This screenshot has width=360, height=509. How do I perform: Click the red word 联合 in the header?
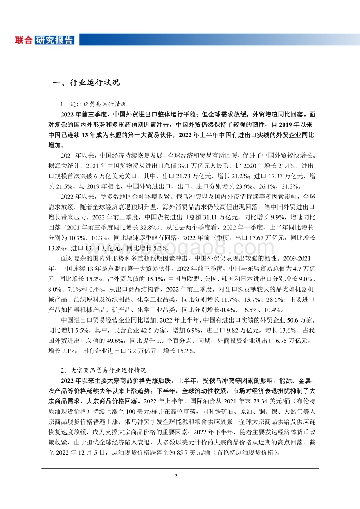24,40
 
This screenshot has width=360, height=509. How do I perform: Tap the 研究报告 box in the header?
54,40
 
